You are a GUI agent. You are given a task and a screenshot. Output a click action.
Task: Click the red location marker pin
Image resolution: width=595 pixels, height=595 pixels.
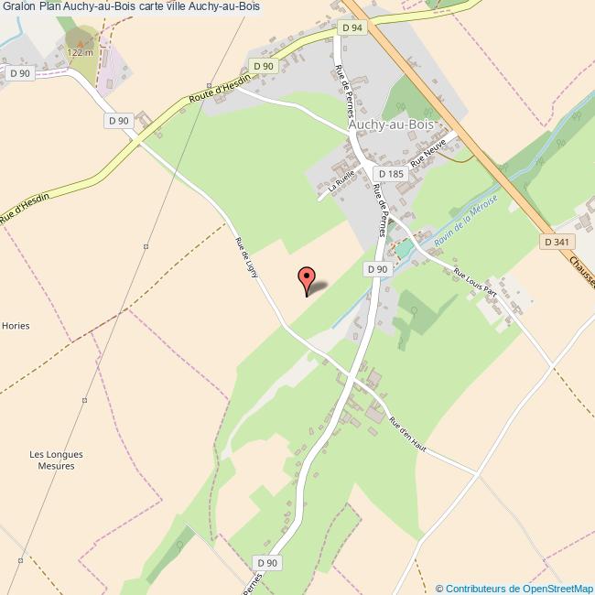[x=307, y=280]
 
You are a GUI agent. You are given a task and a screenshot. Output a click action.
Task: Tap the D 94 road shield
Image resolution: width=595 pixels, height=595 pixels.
[x=352, y=28]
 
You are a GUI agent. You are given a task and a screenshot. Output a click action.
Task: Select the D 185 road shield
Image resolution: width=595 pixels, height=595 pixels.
[x=390, y=174]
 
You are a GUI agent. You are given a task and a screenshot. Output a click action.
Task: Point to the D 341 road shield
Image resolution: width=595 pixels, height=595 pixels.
[x=555, y=242]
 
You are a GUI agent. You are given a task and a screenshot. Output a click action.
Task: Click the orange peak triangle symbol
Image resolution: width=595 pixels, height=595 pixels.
[x=80, y=40]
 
